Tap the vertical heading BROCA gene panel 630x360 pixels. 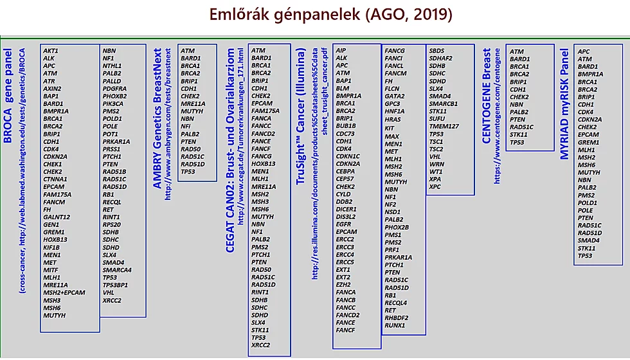8,96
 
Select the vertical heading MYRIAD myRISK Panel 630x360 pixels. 564,104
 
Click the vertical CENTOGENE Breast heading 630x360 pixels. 487,96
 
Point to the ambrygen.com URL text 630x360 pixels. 168,124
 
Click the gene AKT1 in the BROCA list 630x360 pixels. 51,51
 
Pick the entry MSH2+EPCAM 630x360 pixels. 64,292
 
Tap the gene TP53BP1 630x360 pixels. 115,285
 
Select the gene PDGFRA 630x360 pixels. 114,89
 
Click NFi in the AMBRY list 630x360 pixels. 185,126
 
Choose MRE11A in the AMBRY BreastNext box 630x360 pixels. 193,104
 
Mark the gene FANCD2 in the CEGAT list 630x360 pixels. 263,134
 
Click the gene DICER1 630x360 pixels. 346,210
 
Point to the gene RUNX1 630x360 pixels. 395,325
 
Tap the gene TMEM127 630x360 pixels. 444,126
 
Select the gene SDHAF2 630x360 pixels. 440,59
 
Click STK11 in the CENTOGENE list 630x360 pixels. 518,134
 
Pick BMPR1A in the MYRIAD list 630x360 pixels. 590,75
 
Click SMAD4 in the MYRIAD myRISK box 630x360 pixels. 589,240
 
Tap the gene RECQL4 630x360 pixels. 396,303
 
